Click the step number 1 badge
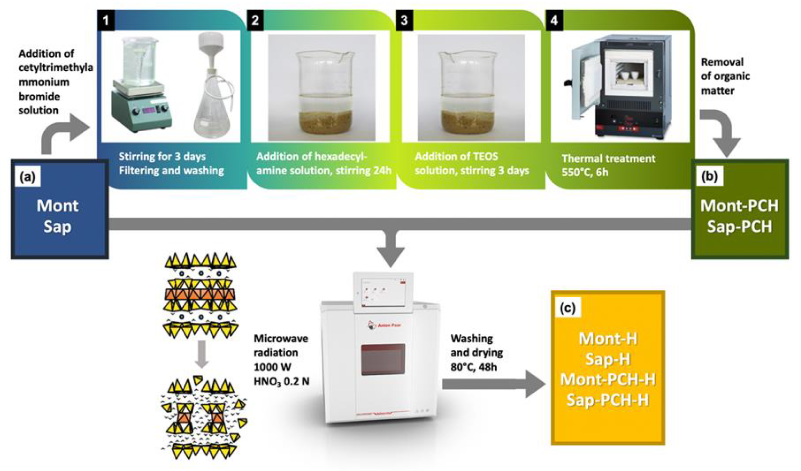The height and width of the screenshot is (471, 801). (106, 20)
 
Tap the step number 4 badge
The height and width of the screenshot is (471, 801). (554, 20)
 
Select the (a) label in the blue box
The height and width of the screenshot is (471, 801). (28, 177)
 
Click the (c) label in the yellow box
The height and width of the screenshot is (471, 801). (568, 307)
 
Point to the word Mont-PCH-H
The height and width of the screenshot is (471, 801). (608, 380)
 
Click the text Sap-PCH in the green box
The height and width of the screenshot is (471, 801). (739, 227)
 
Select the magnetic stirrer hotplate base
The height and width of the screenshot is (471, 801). (141, 110)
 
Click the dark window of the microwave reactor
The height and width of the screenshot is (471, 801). (383, 359)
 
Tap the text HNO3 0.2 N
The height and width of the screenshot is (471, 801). (281, 381)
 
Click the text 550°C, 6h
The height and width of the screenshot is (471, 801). (585, 172)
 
